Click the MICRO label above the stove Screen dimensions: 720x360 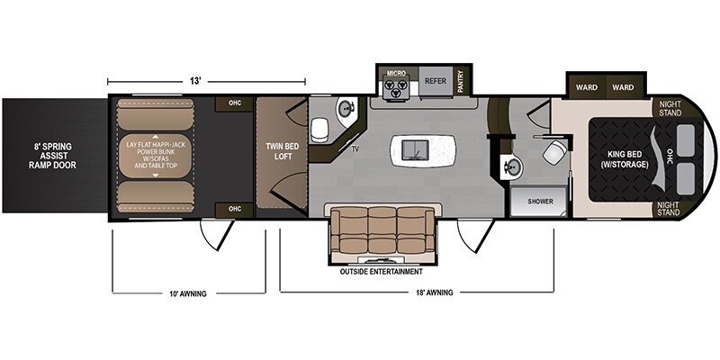pyautogui.click(x=396, y=74)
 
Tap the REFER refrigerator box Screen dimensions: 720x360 pyautogui.click(x=436, y=81)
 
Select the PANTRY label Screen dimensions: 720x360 pyautogui.click(x=461, y=81)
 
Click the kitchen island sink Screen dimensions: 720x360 pyautogui.click(x=416, y=149)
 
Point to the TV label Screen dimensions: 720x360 pyautogui.click(x=355, y=148)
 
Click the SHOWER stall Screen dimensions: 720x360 pyautogui.click(x=540, y=202)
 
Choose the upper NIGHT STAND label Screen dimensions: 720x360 pyautogui.click(x=669, y=108)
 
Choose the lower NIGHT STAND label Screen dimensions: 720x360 pyautogui.click(x=669, y=209)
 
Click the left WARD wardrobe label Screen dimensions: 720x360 pyautogui.click(x=587, y=87)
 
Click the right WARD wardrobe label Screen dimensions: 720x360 pyautogui.click(x=623, y=87)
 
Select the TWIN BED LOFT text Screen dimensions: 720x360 pyautogui.click(x=283, y=151)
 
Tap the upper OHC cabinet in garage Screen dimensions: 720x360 pyautogui.click(x=235, y=103)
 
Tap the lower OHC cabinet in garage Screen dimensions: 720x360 pyautogui.click(x=235, y=210)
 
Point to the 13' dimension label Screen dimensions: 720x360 pyautogui.click(x=195, y=81)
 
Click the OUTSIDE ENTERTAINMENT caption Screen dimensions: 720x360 pyautogui.click(x=381, y=272)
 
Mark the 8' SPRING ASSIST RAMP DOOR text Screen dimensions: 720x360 pyautogui.click(x=52, y=156)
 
